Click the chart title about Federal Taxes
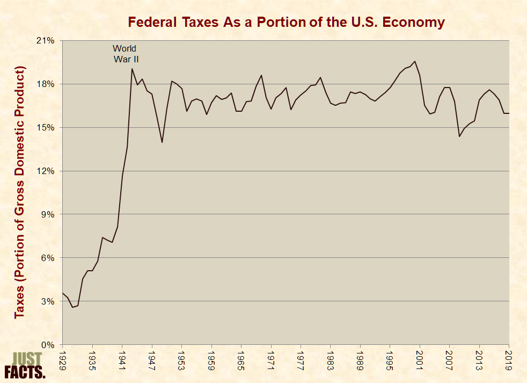point(286,22)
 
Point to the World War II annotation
point(125,54)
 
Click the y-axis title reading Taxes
point(20,192)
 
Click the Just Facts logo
point(24,365)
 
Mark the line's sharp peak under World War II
point(132,69)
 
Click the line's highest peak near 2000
point(415,61)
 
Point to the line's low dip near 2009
point(459,136)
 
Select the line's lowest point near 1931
point(73,307)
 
